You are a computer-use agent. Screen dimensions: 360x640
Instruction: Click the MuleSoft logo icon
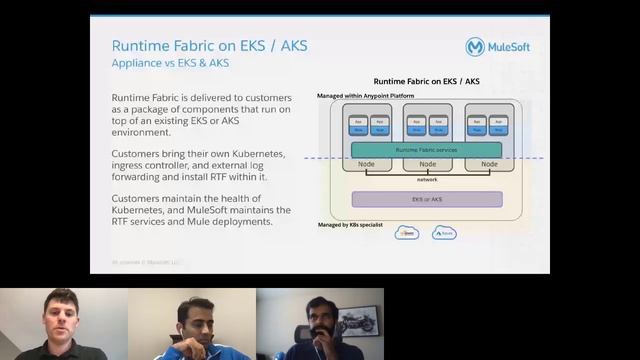pyautogui.click(x=475, y=47)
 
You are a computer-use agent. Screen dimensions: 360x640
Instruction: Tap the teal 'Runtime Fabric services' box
pyautogui.click(x=427, y=149)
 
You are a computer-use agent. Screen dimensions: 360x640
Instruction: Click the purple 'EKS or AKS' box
pyautogui.click(x=427, y=199)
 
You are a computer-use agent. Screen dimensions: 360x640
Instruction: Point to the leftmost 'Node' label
pyautogui.click(x=366, y=164)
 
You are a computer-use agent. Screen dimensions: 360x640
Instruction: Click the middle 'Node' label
pyautogui.click(x=427, y=164)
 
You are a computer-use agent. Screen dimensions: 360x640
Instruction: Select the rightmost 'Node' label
pyautogui.click(x=489, y=164)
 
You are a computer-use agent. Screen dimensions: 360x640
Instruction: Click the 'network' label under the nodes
pyautogui.click(x=427, y=180)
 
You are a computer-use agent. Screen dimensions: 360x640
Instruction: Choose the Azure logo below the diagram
pyautogui.click(x=444, y=233)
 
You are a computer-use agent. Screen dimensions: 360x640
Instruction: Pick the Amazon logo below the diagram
pyautogui.click(x=407, y=233)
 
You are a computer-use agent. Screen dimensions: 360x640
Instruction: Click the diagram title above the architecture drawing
pyautogui.click(x=426, y=81)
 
